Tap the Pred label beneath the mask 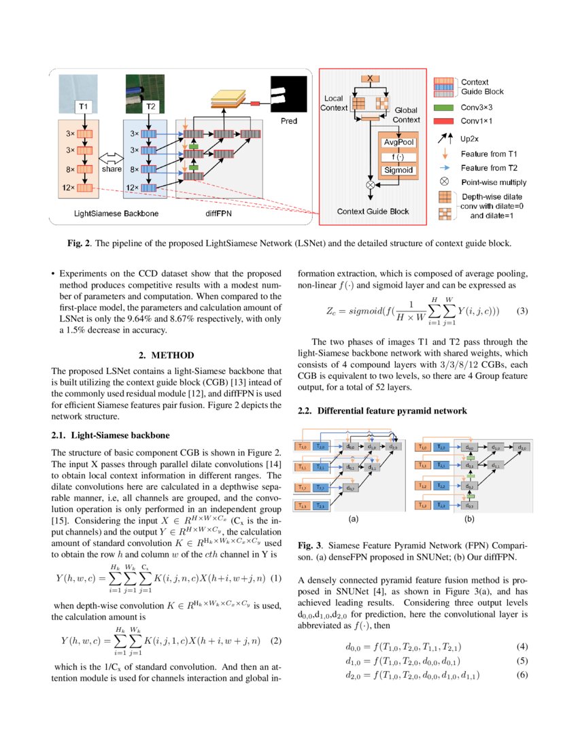pos(288,120)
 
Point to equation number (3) pos(522,311)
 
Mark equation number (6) pos(522,675)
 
